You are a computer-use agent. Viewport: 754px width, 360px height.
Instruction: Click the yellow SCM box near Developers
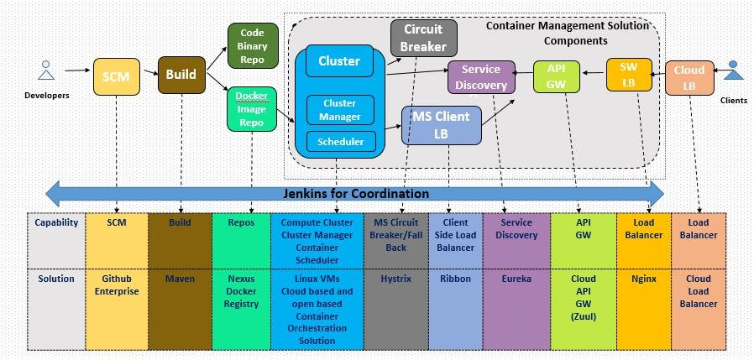(117, 76)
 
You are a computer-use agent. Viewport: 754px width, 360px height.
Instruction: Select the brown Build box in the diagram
(181, 75)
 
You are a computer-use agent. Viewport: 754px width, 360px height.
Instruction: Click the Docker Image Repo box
(252, 109)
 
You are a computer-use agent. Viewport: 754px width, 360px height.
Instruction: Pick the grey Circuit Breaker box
(423, 38)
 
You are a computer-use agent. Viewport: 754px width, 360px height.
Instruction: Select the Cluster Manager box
(339, 110)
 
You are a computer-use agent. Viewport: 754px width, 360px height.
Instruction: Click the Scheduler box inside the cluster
(339, 142)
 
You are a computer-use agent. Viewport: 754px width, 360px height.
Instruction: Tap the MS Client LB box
(441, 125)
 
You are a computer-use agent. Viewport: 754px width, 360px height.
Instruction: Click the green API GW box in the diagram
(557, 76)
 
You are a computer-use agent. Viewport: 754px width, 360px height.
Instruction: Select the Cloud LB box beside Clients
(689, 78)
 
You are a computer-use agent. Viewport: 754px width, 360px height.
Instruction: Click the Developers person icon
(46, 72)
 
